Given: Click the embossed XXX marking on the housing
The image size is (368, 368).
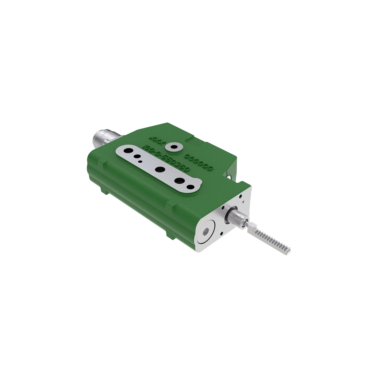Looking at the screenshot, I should (x=159, y=140).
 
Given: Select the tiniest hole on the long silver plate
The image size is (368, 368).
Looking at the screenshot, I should (x=140, y=161).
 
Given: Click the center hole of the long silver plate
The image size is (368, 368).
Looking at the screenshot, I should (x=159, y=169).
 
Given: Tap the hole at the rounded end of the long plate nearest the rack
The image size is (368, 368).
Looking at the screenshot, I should (x=190, y=186).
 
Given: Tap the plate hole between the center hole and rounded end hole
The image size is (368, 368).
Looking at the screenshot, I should (x=179, y=180).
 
